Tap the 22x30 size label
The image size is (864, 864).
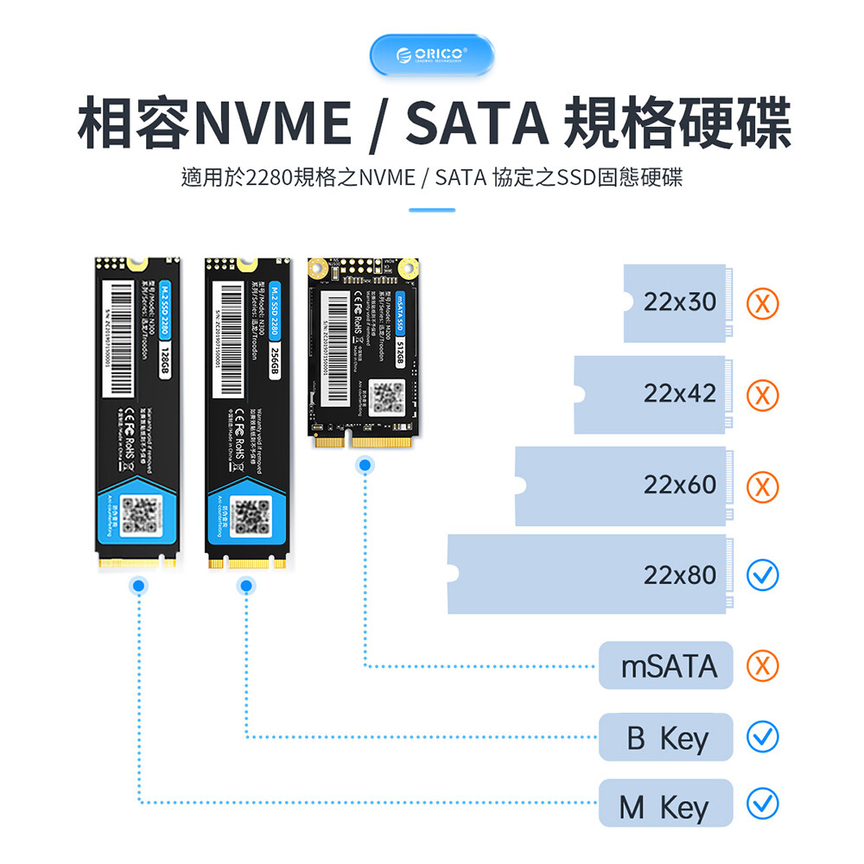[x=680, y=302]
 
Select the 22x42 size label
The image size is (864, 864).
[x=680, y=393]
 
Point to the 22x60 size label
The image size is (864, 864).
[x=680, y=485]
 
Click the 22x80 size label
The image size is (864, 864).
[x=680, y=575]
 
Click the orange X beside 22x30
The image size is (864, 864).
[x=762, y=303]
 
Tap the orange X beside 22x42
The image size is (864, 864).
[x=762, y=395]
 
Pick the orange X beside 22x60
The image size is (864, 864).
[x=762, y=486]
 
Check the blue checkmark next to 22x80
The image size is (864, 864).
[x=762, y=575]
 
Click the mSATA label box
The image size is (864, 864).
[x=666, y=666]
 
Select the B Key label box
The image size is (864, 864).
[x=666, y=738]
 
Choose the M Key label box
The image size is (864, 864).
[x=666, y=807]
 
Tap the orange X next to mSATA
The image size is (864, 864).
[x=762, y=666]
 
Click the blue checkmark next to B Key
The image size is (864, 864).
[x=762, y=737]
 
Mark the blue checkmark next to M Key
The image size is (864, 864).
[x=762, y=804]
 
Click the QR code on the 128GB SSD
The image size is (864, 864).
[x=138, y=515]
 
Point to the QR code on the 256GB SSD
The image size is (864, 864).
[x=246, y=517]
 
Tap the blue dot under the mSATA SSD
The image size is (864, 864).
[x=365, y=467]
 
